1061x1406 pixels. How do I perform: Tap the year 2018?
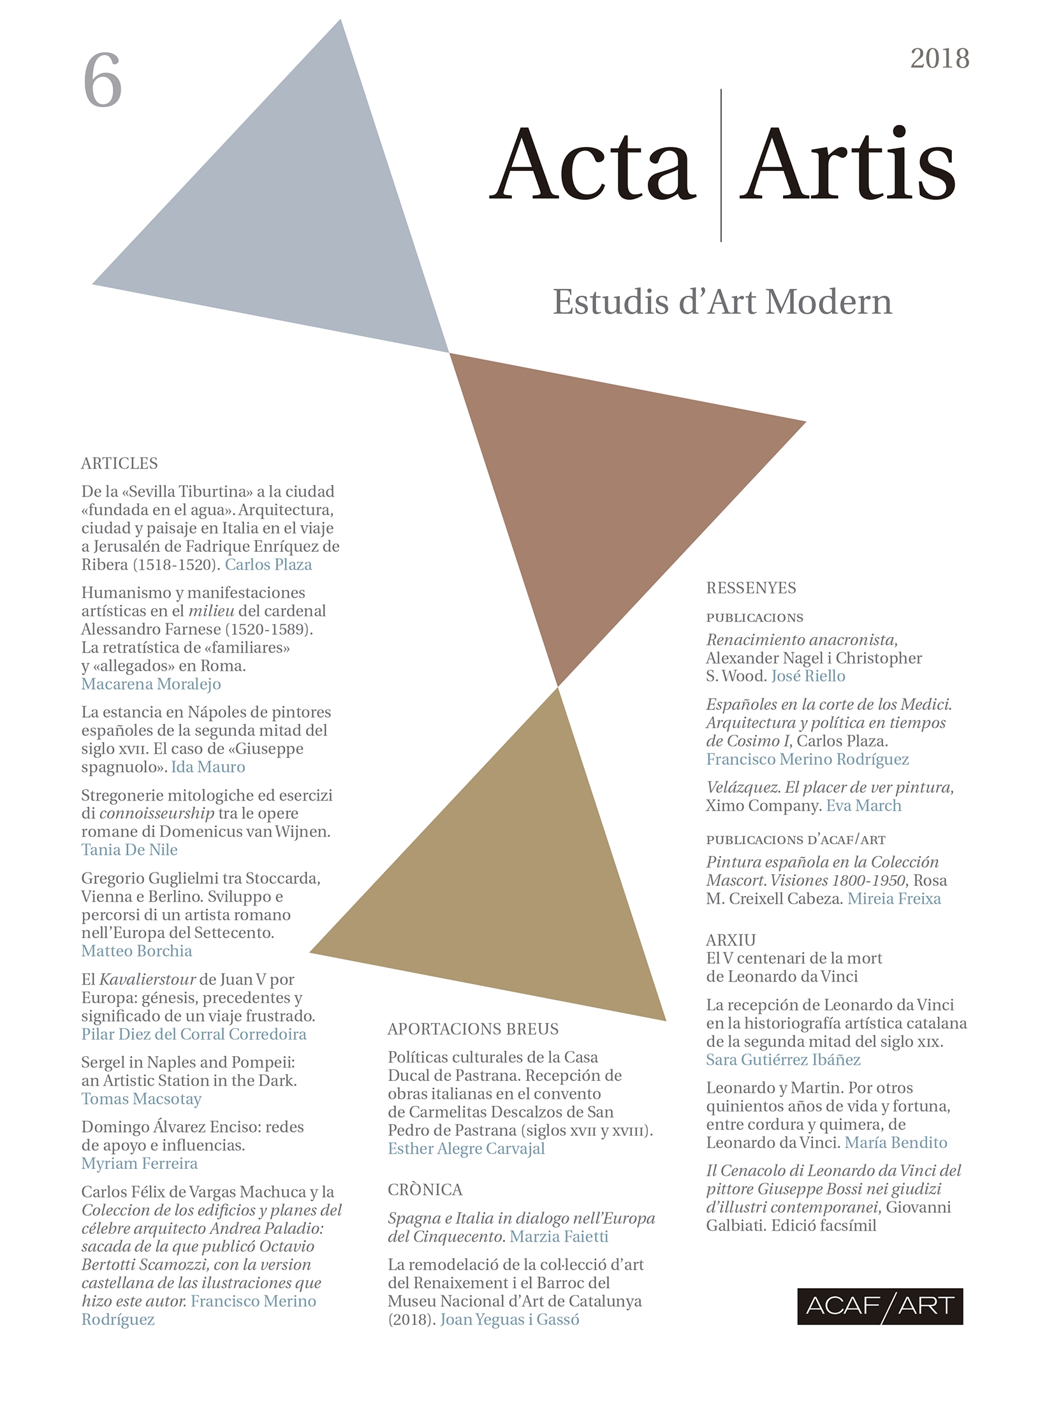(939, 59)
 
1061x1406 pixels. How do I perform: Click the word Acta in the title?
(593, 164)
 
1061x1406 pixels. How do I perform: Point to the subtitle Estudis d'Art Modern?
(722, 301)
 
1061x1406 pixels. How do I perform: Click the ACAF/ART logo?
(880, 1306)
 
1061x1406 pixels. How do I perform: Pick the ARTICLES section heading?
(119, 463)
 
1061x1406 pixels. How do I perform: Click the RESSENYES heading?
(751, 588)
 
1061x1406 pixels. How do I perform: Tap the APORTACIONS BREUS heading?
(473, 1029)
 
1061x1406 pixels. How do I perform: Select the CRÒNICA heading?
(425, 1190)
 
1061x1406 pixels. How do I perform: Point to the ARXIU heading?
(731, 940)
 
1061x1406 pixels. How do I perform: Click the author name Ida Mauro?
(208, 767)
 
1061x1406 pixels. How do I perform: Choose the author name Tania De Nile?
(129, 850)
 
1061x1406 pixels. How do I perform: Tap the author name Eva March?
(863, 806)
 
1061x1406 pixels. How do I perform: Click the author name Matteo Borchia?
(136, 951)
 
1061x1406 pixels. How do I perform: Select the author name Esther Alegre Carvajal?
(466, 1149)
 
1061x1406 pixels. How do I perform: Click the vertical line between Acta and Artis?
(721, 166)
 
